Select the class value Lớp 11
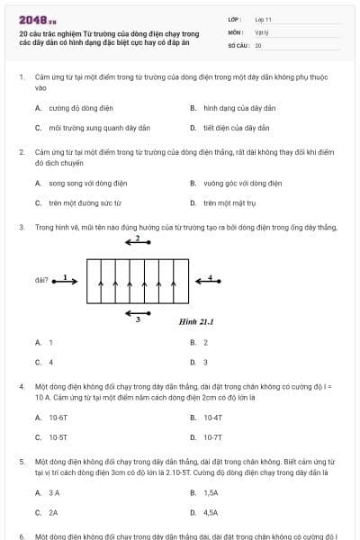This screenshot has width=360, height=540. (x=263, y=19)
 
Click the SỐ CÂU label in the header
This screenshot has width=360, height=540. (x=237, y=44)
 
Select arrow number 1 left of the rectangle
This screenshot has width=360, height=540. (x=67, y=280)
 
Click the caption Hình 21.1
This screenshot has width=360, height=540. (x=193, y=321)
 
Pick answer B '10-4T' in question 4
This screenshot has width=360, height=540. (x=211, y=418)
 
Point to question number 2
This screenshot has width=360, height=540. (x=21, y=153)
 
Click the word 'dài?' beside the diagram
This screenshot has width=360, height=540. (x=41, y=280)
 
